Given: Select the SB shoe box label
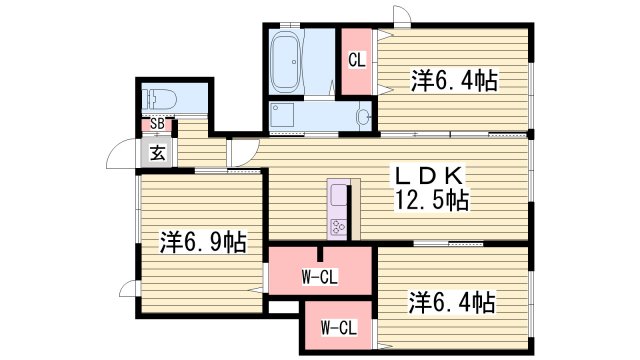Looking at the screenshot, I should pyautogui.click(x=156, y=124).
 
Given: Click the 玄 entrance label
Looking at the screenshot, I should pyautogui.click(x=158, y=153).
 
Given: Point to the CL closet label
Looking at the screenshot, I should pyautogui.click(x=356, y=60).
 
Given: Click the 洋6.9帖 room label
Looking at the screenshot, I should pyautogui.click(x=203, y=241).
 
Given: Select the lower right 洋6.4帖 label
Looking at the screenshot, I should pyautogui.click(x=453, y=300).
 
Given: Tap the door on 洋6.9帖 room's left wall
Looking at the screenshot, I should pyautogui.click(x=127, y=291).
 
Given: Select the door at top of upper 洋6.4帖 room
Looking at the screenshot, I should pyautogui.click(x=399, y=13).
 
